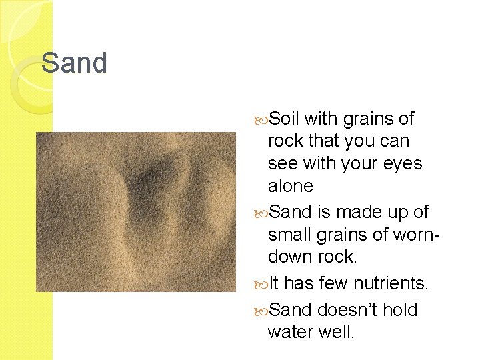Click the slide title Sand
74,63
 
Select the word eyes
402,163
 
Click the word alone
290,185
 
